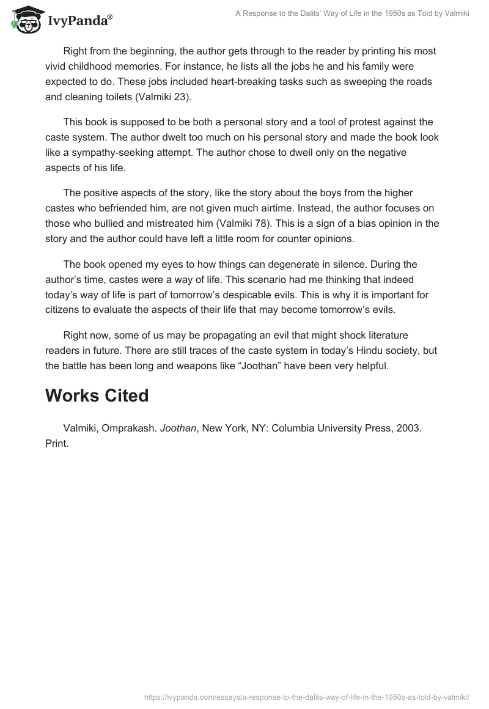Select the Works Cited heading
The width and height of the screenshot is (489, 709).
(97, 395)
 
